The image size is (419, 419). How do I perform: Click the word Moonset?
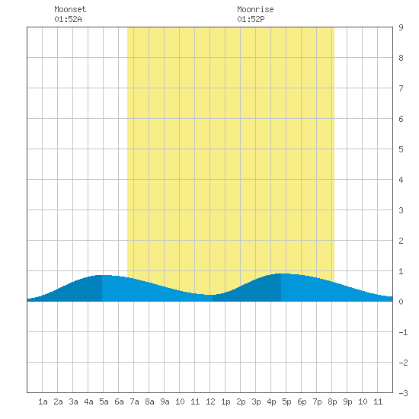pyautogui.click(x=70, y=9)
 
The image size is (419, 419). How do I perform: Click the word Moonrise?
pyautogui.click(x=255, y=9)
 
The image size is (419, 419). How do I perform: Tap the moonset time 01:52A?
pyautogui.click(x=68, y=19)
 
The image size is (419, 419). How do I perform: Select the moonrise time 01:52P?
pyautogui.click(x=251, y=19)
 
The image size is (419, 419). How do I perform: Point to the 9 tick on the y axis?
pyautogui.click(x=401, y=27)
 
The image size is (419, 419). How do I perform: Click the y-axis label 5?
pyautogui.click(x=401, y=149)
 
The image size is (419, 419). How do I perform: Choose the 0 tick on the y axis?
pyautogui.click(x=401, y=302)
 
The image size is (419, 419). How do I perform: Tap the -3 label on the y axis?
pyautogui.click(x=404, y=393)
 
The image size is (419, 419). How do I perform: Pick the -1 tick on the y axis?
pyautogui.click(x=404, y=332)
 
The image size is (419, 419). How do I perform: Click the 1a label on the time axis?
pyautogui.click(x=43, y=401)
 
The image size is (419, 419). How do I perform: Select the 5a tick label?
pyautogui.click(x=104, y=401)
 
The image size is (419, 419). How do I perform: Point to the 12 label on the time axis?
pyautogui.click(x=210, y=401)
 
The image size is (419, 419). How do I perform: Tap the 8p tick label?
pyautogui.click(x=332, y=401)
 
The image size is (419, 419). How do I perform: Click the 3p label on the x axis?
pyautogui.click(x=256, y=401)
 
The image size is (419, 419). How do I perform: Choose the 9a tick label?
pyautogui.click(x=165, y=401)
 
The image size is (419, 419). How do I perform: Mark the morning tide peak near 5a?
pyautogui.click(x=102, y=275)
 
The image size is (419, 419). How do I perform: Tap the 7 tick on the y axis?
pyautogui.click(x=401, y=88)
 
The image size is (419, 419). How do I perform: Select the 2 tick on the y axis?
pyautogui.click(x=401, y=241)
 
